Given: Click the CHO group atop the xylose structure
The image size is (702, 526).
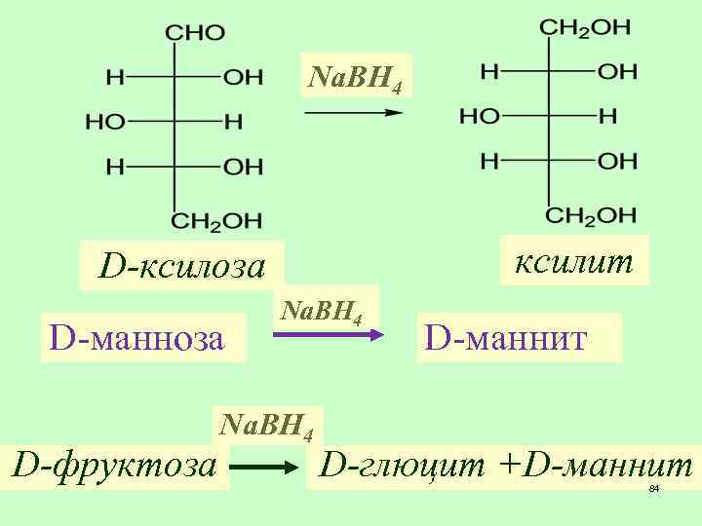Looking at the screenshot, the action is coord(195,33).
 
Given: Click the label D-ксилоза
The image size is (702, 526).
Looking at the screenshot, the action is coord(182,266).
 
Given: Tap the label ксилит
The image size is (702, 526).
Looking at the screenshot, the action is coord(574,260).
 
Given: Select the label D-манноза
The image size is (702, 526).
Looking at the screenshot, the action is coord(137,338).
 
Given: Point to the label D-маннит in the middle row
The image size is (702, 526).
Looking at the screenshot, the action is coord(506,338).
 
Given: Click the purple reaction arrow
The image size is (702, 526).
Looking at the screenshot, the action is coord(325,335).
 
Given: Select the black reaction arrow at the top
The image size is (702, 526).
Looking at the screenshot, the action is coord(354,113).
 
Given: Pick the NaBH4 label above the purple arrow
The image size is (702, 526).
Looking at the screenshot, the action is coord(322,311).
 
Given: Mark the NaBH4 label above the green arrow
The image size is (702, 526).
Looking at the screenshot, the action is coord(266,425).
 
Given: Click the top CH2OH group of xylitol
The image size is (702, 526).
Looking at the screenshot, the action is coord(585,28).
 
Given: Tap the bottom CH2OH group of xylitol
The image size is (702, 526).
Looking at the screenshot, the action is coord(591,214).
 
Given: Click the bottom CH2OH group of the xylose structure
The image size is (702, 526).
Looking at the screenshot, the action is coord(216,220).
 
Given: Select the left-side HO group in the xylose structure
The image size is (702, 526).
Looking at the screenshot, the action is coord(105,122).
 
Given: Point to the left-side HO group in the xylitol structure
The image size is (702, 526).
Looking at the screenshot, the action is coord(479,117).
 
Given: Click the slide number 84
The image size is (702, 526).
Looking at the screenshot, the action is coord(654,488).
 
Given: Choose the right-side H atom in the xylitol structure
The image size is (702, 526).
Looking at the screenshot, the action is coord(607,117).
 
